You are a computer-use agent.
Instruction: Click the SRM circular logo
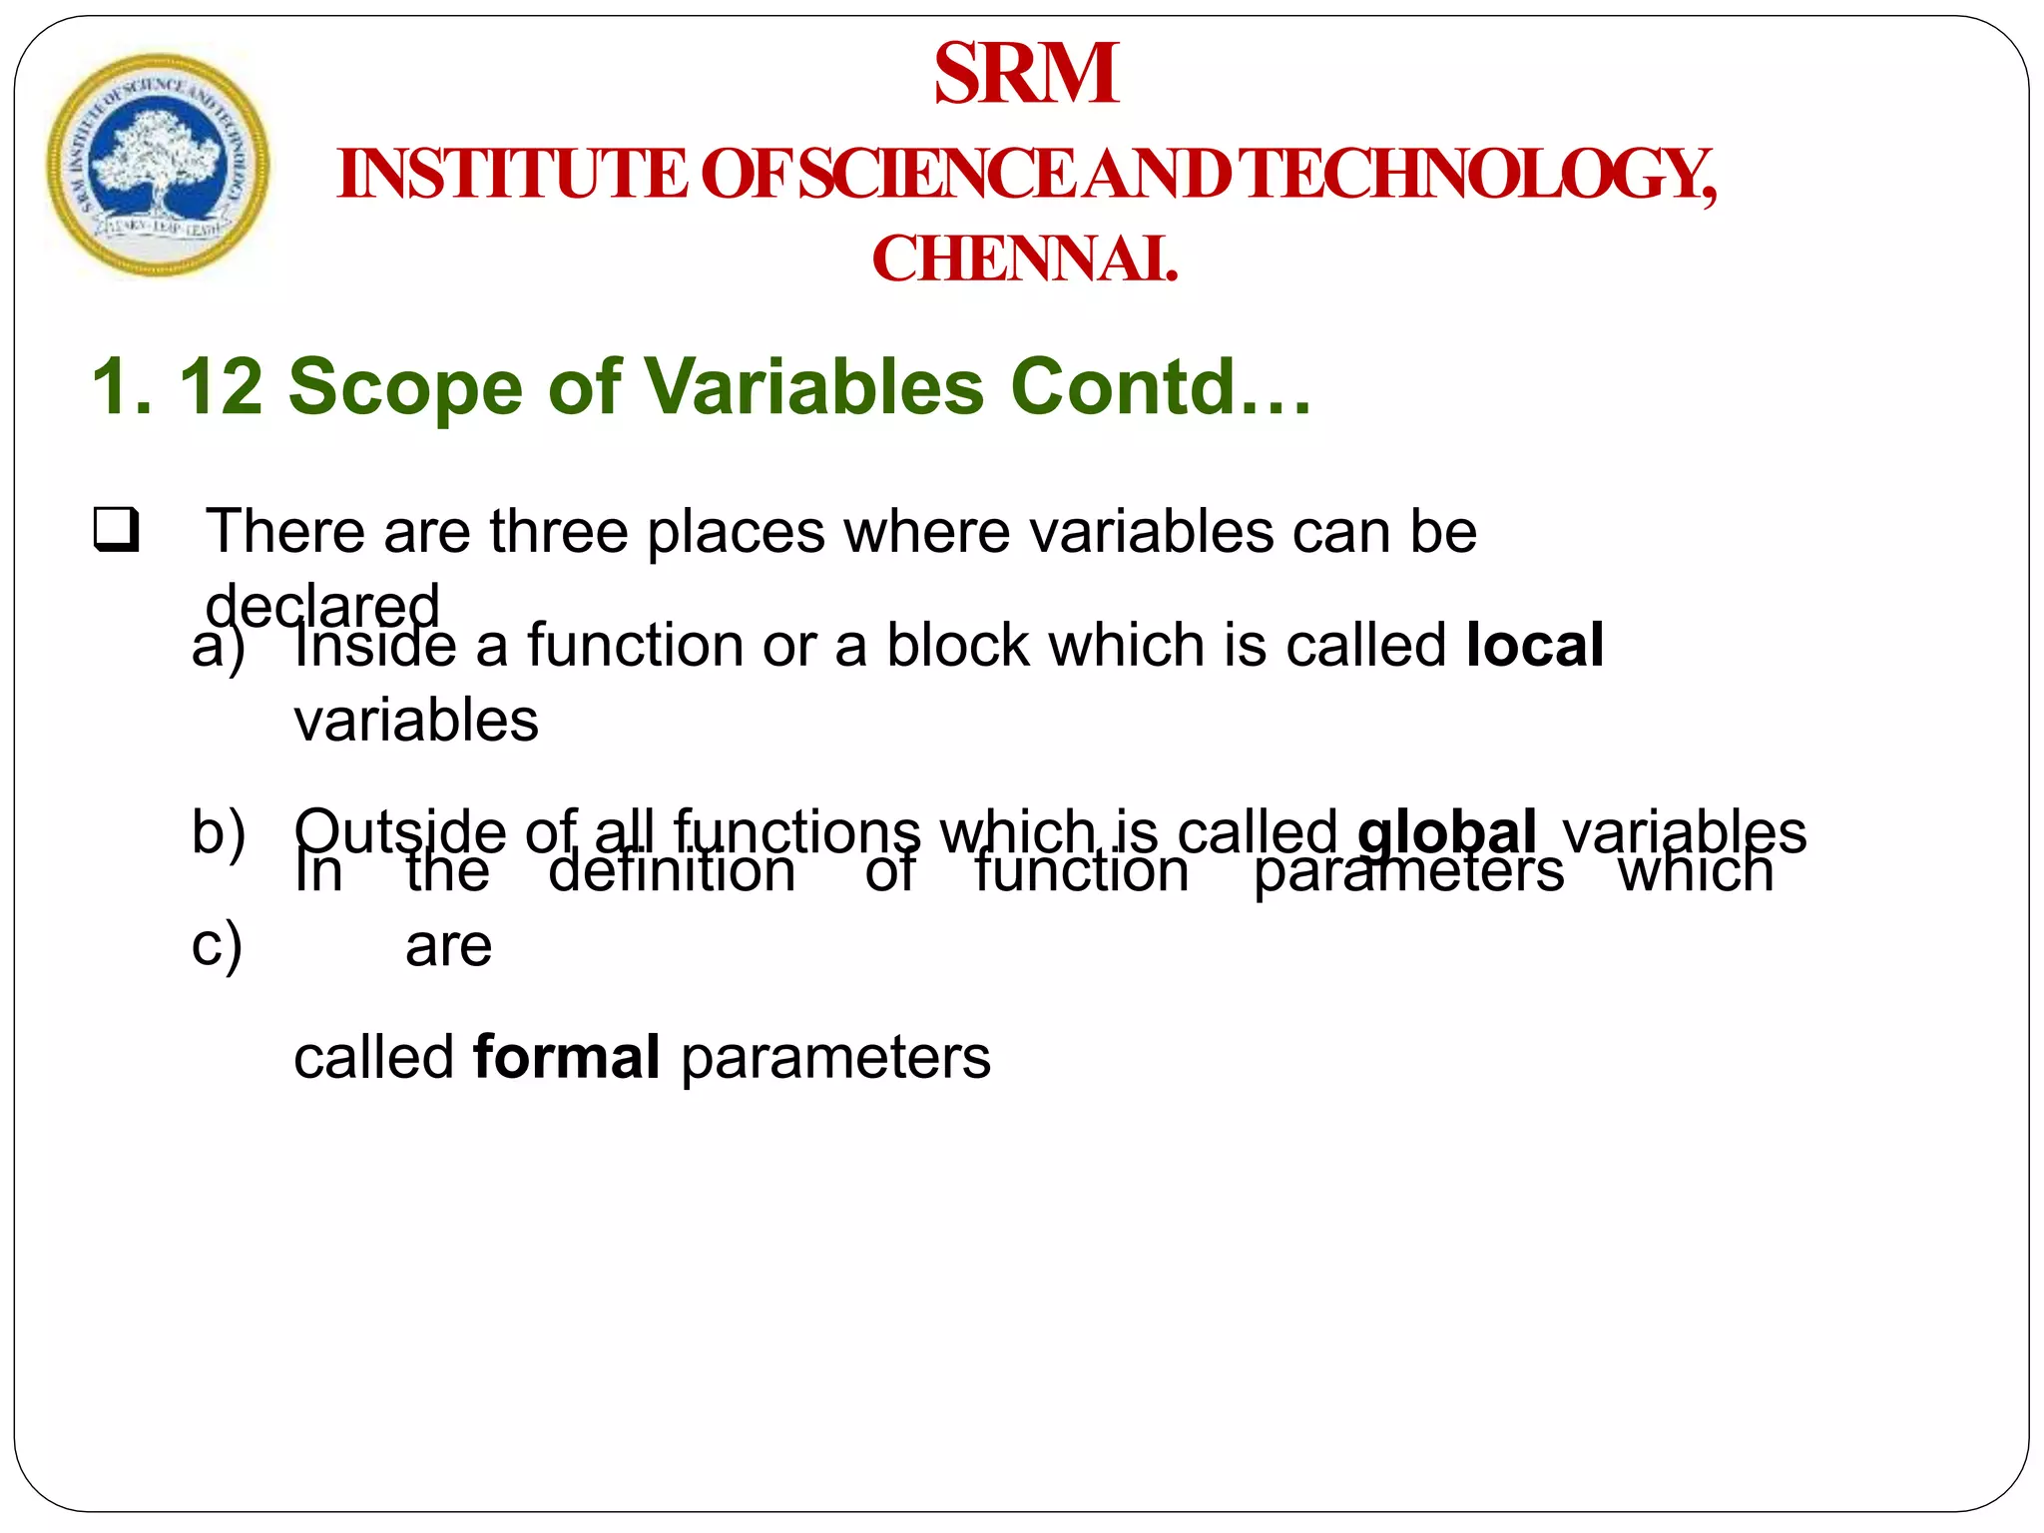point(158,165)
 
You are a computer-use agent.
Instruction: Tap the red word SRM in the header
point(1026,74)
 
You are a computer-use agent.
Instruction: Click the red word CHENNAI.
point(1025,259)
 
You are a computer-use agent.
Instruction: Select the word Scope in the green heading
point(405,387)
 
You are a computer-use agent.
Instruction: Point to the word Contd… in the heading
point(1161,387)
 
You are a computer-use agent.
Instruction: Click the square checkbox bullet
point(116,530)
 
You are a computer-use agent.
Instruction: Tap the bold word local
point(1535,645)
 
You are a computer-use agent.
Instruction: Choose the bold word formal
point(566,1057)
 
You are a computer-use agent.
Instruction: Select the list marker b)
point(219,831)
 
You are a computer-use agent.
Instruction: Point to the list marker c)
point(217,944)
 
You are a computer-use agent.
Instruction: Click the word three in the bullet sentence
point(558,531)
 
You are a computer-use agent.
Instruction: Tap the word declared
point(321,606)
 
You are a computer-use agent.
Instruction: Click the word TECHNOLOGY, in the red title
point(1481,175)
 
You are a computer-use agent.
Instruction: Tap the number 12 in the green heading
point(221,387)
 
